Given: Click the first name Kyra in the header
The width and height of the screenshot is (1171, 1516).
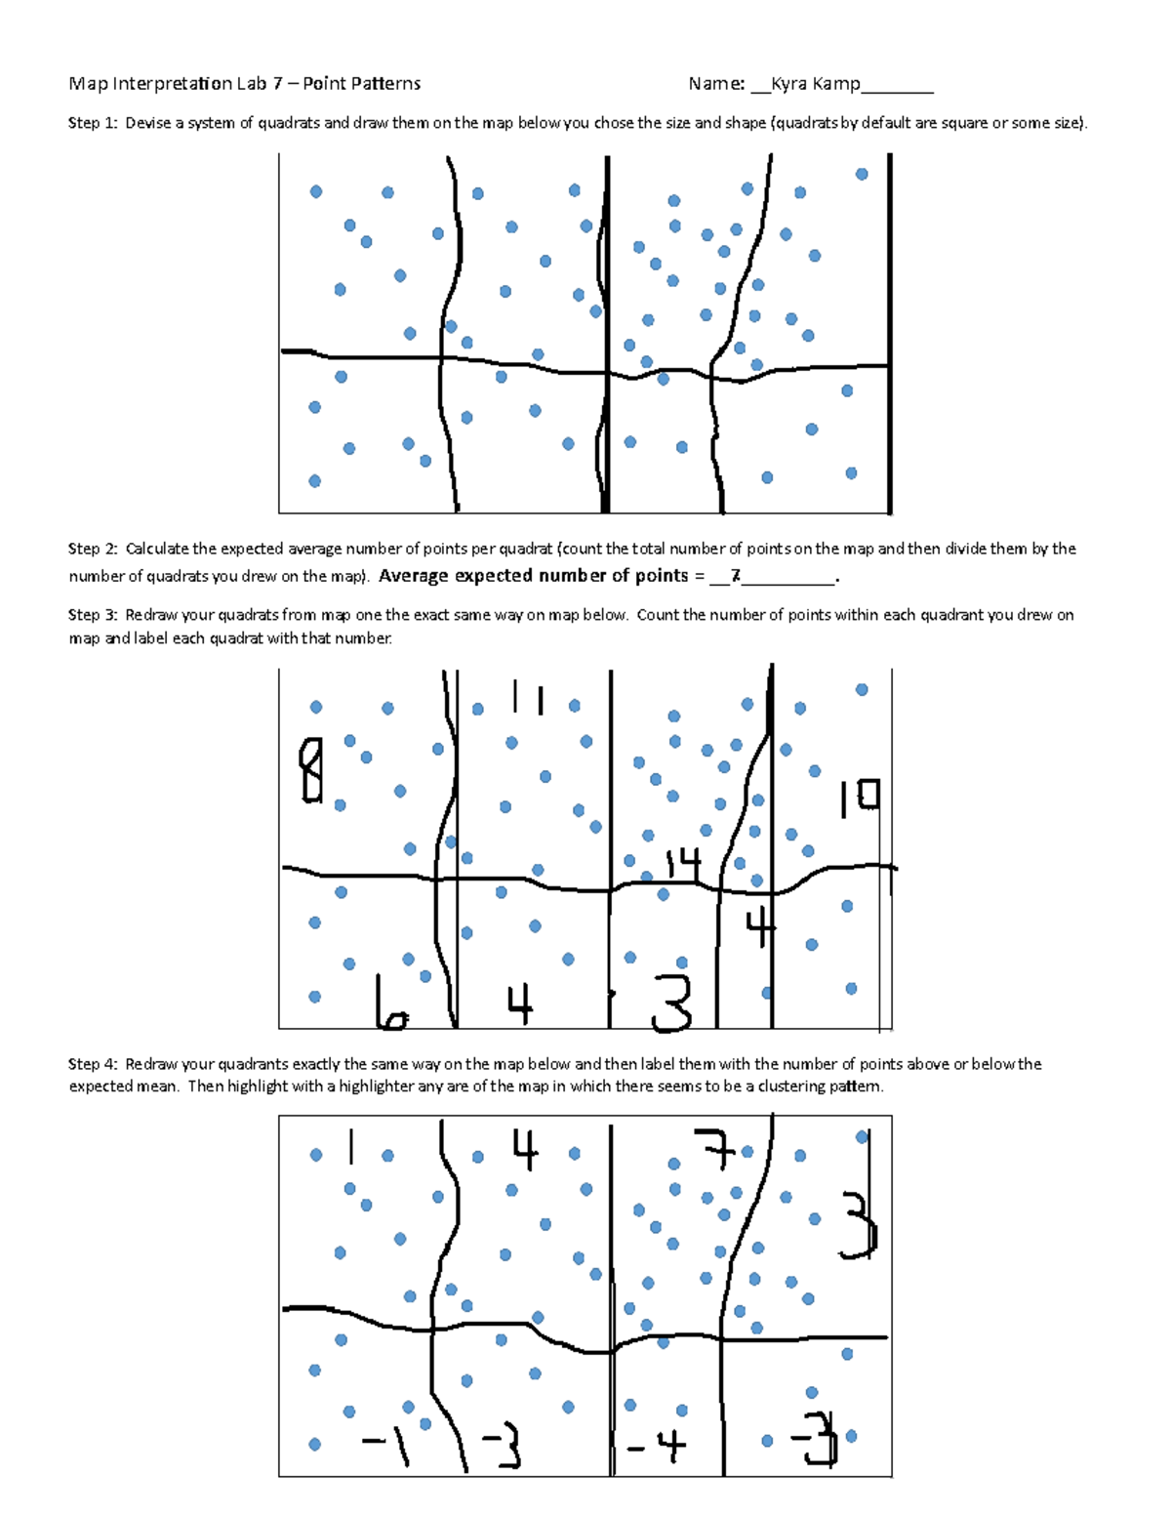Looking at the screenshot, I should tap(789, 84).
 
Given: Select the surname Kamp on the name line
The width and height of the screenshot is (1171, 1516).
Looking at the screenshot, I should tap(836, 84).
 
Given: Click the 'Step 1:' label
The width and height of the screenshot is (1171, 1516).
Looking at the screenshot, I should tap(93, 123).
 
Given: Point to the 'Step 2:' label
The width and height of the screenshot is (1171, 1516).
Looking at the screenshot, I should tap(93, 549).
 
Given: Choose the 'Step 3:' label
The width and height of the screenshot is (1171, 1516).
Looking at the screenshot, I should tap(93, 615).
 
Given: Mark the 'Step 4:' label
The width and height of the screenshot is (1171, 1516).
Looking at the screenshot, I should tap(93, 1064).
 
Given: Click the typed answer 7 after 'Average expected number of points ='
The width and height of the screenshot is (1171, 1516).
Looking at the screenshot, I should tap(736, 576).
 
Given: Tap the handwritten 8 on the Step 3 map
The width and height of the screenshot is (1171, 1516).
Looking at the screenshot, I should tap(311, 770).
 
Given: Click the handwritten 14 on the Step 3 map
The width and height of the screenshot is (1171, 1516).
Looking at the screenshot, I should tap(683, 863).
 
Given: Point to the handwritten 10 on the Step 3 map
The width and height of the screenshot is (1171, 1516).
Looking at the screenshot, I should tap(860, 797).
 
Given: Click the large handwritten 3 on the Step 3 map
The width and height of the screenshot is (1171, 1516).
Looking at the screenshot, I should tap(672, 1004).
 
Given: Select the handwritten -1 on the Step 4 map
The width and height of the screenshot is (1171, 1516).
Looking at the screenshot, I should tap(386, 1443).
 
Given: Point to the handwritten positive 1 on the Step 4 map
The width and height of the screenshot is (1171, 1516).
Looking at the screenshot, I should tap(350, 1148).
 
